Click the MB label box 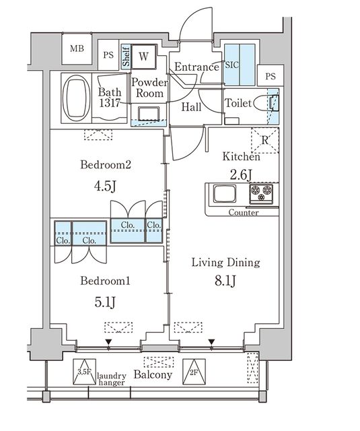pos(77,49)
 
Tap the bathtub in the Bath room pos(76,98)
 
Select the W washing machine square pos(143,57)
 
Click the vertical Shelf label pos(126,57)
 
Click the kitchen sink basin pos(225,193)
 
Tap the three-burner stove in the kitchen pos(261,194)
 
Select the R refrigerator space pos(265,141)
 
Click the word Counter pos(244,213)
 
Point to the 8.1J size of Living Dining pos(225,281)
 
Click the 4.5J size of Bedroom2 pos(105,186)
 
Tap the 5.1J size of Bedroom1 pos(105,302)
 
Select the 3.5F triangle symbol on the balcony pos(84,372)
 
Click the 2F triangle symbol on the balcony pos(194,372)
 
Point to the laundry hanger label pos(112,379)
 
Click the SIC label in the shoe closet pos(231,65)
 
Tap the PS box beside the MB pos(108,55)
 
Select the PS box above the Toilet pos(271,75)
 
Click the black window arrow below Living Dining pos(211,342)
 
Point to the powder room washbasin pos(149,114)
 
